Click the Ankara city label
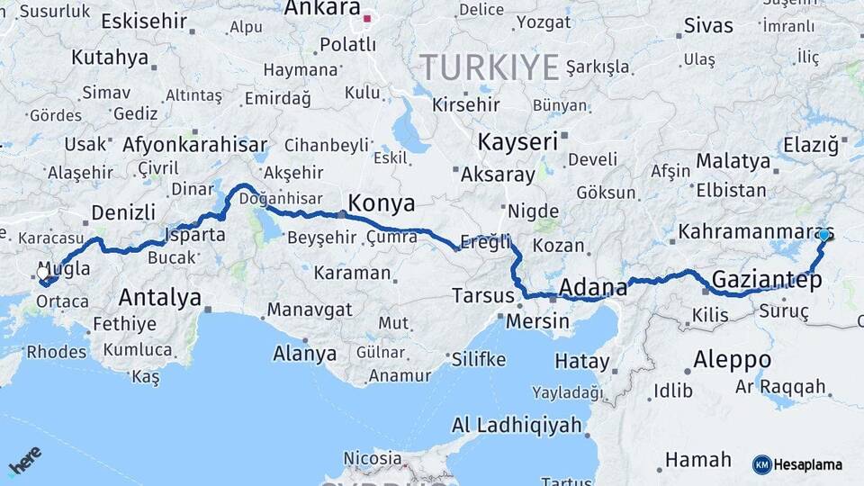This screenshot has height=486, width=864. coord(322,8)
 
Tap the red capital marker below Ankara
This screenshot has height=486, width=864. coord(366,18)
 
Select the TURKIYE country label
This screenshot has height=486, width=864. coord(490,67)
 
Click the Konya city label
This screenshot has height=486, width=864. coord(382,202)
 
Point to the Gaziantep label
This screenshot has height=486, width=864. coord(767,280)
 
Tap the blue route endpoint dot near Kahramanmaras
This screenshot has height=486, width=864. coord(823,235)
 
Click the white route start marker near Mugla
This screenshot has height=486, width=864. coord(43,273)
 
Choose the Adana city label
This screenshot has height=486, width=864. coord(593,288)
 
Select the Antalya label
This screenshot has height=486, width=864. coord(160,297)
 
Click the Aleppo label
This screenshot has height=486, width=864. coord(732,360)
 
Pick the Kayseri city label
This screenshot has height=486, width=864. coord(517,142)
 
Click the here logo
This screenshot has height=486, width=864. coord(25,460)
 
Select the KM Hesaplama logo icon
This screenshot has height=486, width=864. coord(762,464)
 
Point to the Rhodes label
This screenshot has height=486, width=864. coord(56,352)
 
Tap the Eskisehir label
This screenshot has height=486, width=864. coord(144,21)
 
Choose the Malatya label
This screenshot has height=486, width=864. coord(733,162)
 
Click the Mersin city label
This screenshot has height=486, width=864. coord(538,320)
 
